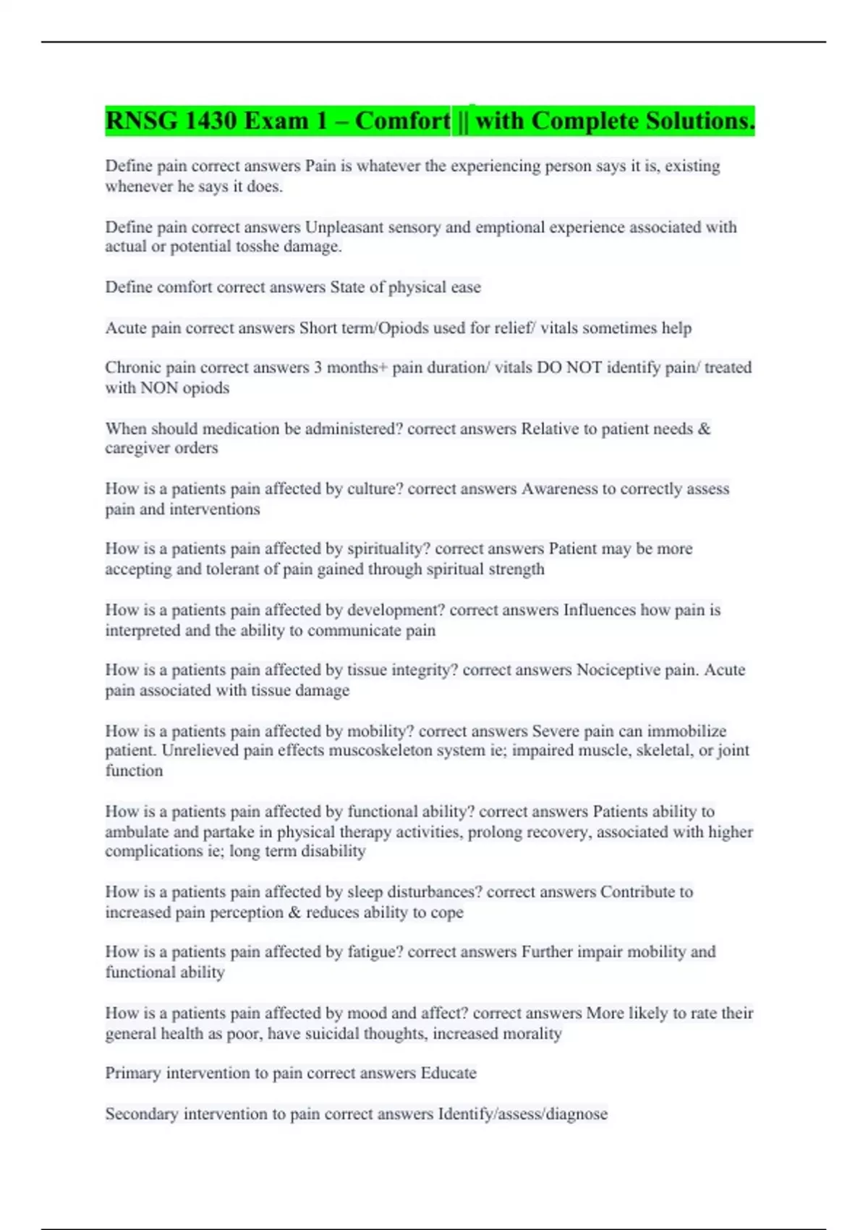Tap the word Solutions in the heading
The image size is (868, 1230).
coord(699,121)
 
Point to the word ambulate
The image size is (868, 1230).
coord(137,832)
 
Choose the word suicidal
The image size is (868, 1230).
coord(347,1034)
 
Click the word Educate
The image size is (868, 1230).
coord(448,1073)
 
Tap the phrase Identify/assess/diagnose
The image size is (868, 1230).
coord(522,1114)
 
